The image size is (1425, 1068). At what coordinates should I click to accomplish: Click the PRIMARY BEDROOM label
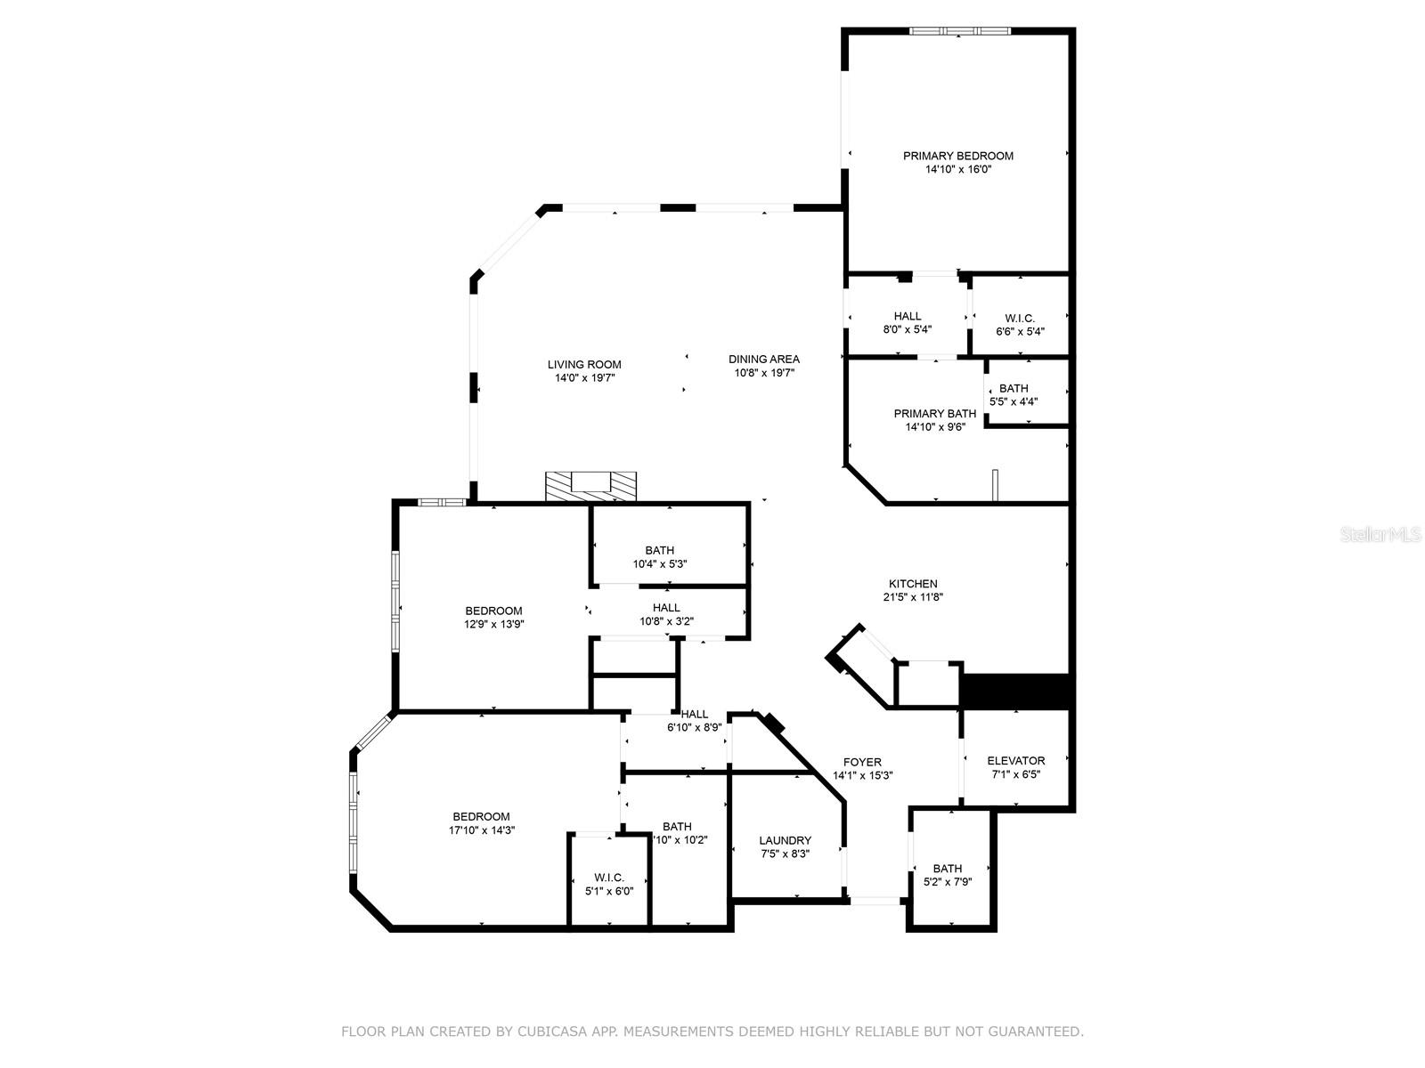tap(957, 156)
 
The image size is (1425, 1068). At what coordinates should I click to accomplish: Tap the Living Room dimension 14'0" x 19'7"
tap(585, 378)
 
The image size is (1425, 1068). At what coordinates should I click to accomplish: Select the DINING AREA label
tap(763, 360)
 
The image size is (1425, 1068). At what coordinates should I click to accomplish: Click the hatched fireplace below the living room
tap(591, 486)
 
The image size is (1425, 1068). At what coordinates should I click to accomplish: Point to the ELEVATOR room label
tap(1015, 761)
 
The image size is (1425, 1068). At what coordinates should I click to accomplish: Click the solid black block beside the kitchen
tap(1015, 692)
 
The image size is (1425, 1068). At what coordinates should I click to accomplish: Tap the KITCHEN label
tap(913, 584)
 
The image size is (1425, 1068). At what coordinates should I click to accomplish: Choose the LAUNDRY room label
tap(785, 840)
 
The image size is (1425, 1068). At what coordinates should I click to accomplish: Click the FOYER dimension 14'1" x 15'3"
tap(862, 776)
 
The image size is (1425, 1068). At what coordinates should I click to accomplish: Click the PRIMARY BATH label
tap(934, 414)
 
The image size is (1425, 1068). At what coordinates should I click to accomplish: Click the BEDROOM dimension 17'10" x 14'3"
tap(482, 830)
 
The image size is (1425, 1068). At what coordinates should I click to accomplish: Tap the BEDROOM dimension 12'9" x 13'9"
tap(493, 625)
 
